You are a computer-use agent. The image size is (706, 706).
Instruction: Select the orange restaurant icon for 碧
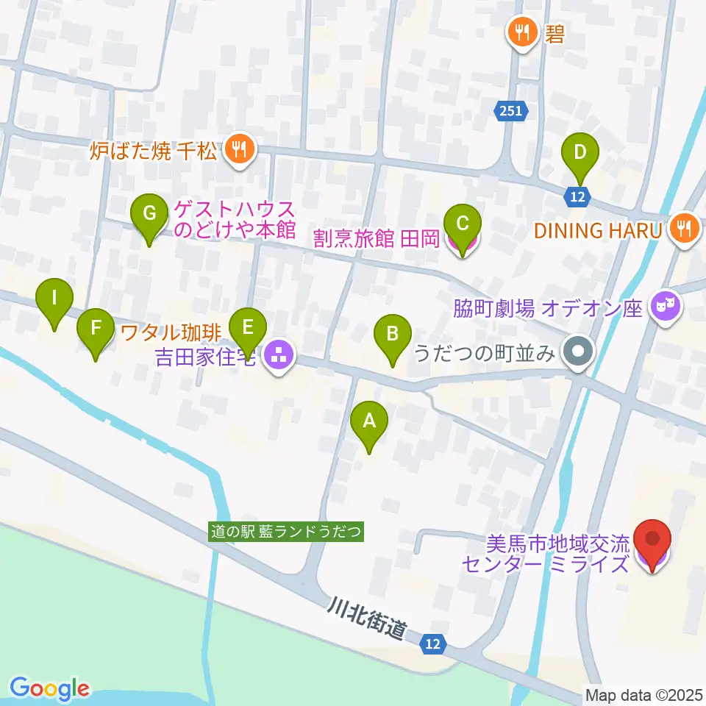pos(523,32)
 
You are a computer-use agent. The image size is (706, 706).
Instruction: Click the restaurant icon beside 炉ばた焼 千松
pos(239,151)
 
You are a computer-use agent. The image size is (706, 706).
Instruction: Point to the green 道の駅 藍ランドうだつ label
pos(287,532)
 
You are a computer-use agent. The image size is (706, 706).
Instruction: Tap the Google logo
pos(49,688)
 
